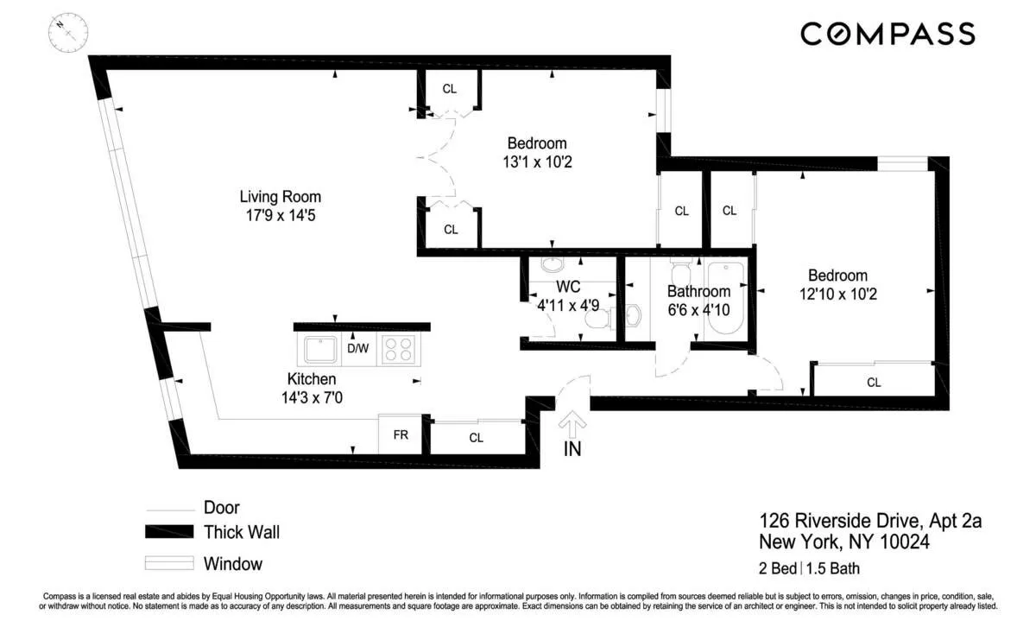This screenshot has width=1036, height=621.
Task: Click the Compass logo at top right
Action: (888, 34)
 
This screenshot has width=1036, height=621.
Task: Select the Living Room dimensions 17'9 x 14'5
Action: (274, 215)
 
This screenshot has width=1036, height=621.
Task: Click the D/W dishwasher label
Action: (357, 349)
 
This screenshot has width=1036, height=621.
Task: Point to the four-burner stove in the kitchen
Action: (398, 349)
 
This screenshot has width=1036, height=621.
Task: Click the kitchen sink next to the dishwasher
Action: (321, 349)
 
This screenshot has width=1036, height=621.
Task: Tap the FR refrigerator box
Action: (401, 435)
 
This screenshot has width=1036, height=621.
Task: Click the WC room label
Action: (567, 286)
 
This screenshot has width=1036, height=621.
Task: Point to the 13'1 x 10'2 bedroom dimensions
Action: (536, 162)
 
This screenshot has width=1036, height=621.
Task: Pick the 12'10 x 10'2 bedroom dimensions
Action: (838, 294)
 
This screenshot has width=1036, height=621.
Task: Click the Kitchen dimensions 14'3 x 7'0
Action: (312, 397)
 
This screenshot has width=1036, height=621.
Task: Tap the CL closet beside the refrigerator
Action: (477, 438)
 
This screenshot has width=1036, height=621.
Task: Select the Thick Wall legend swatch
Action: (167, 531)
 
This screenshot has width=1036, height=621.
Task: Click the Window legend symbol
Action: (167, 564)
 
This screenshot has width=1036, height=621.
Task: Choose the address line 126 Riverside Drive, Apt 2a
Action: (870, 521)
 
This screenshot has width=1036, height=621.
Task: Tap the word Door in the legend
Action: (222, 508)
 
